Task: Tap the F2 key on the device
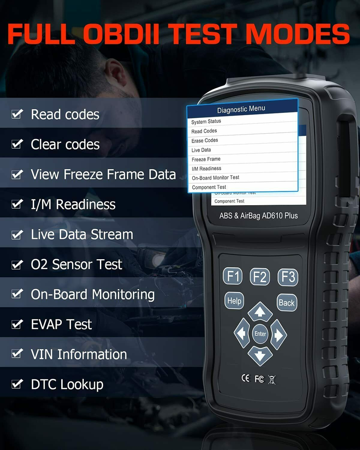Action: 260,277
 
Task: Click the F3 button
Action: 288,277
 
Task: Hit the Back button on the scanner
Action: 286,303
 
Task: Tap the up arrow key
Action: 260,311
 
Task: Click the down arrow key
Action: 260,356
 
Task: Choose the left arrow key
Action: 242,334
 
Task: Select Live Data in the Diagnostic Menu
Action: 201,150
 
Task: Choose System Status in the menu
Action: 206,121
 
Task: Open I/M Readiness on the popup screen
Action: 207,169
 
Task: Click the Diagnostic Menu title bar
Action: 241,109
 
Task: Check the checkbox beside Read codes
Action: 17,114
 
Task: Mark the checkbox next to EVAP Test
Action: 17,324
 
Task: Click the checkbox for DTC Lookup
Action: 17,384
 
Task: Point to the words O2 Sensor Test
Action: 76,264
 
